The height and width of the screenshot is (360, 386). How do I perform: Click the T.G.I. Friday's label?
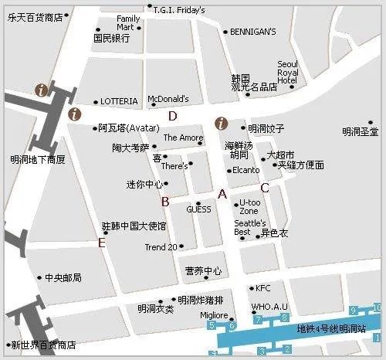point(179,10)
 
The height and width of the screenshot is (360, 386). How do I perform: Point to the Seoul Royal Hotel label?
point(287,72)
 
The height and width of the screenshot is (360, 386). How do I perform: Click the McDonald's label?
point(168,99)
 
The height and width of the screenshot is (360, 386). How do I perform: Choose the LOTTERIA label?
point(119,101)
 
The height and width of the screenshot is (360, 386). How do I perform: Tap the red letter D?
point(173,117)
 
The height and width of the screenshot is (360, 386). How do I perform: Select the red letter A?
point(222,194)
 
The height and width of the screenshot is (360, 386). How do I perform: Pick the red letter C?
point(264,188)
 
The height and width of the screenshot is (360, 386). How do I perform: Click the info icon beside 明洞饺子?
point(222,123)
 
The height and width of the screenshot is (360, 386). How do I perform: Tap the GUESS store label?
point(198,209)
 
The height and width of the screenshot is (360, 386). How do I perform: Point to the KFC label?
point(263,288)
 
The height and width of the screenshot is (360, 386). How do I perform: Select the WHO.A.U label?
point(269,307)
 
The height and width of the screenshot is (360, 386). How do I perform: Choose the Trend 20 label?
point(161,247)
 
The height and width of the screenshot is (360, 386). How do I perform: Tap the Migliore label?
point(214,315)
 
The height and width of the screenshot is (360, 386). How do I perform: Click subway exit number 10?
point(377,308)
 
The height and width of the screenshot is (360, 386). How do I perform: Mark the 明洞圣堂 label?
point(361,131)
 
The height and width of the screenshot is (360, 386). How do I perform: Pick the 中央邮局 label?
point(63,277)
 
